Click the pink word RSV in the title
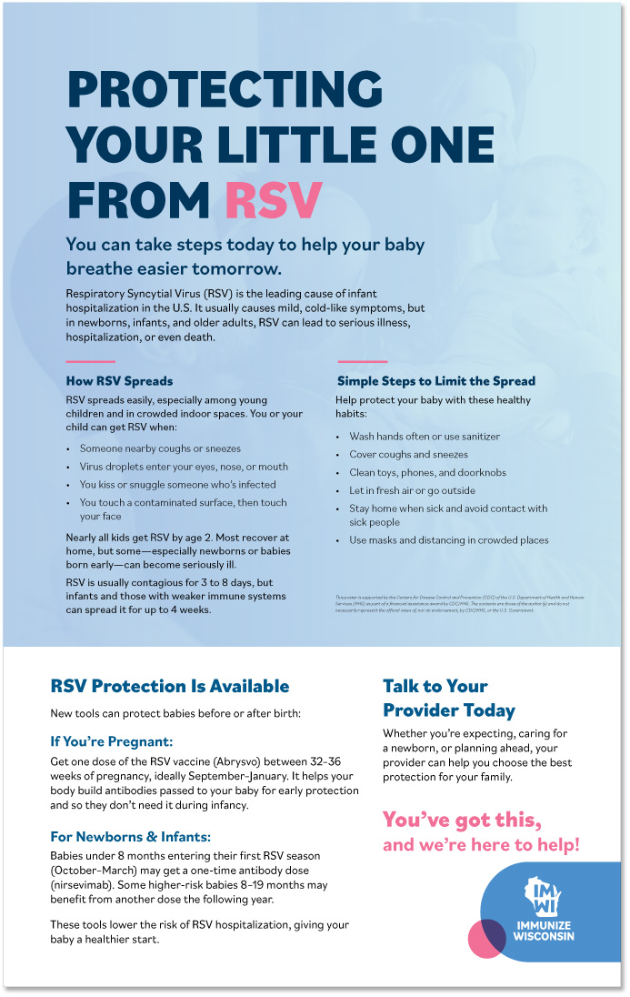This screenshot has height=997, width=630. [x=274, y=198]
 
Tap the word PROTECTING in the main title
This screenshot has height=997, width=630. [x=225, y=91]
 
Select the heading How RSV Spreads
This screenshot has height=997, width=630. [x=119, y=381]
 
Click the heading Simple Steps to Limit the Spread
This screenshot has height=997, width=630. [x=435, y=381]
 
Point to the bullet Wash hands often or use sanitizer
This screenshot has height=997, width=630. [x=424, y=437]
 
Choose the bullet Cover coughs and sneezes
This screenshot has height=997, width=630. [x=408, y=455]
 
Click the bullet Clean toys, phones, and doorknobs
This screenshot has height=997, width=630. [x=427, y=473]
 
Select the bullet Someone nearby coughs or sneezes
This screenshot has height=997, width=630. [x=160, y=448]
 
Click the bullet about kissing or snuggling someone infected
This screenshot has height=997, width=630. [x=177, y=485]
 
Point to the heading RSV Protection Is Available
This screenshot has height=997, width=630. [x=170, y=687]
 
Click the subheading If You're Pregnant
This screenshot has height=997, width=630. [x=111, y=741]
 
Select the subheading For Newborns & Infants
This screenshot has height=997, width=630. [x=131, y=836]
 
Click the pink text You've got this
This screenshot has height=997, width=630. [x=462, y=821]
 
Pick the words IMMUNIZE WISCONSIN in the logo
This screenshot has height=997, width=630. [x=544, y=932]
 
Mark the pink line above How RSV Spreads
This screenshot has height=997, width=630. [x=91, y=361]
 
